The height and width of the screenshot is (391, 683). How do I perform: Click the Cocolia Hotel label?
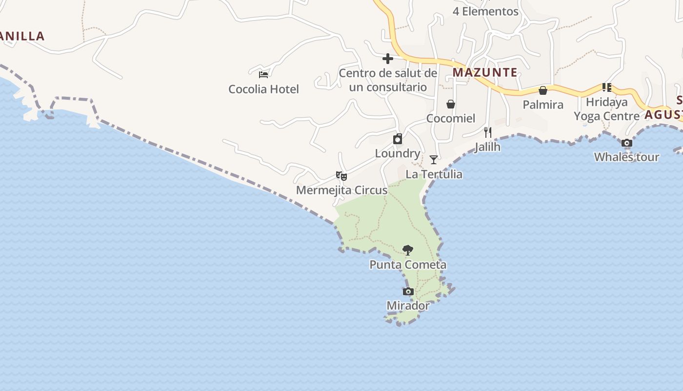(263, 89)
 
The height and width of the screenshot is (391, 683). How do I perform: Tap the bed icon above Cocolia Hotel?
(263, 75)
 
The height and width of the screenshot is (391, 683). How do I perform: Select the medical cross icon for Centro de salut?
(388, 59)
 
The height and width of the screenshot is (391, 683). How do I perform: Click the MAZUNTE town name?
(485, 72)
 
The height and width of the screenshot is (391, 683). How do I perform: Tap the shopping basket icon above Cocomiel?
(451, 104)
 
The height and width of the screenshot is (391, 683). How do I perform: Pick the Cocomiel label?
(451, 118)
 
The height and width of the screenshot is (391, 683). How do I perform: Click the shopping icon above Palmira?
(542, 90)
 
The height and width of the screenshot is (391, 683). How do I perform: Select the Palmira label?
(543, 105)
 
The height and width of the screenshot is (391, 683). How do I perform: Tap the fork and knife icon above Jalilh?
(487, 132)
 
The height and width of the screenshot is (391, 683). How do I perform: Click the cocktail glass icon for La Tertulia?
(433, 160)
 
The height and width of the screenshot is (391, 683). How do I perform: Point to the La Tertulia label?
(434, 174)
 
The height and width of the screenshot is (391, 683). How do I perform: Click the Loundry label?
(398, 153)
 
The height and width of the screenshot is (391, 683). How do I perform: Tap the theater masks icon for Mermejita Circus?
(341, 175)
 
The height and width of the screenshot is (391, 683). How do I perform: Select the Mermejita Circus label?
(342, 190)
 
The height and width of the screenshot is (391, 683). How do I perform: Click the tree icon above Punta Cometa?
(408, 250)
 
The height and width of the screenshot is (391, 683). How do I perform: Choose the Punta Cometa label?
(408, 265)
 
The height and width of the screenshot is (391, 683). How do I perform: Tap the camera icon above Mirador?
(408, 292)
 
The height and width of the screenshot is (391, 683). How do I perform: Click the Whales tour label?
(626, 157)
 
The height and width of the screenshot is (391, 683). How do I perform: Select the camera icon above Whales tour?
(627, 143)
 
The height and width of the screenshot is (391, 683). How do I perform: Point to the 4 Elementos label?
(485, 11)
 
